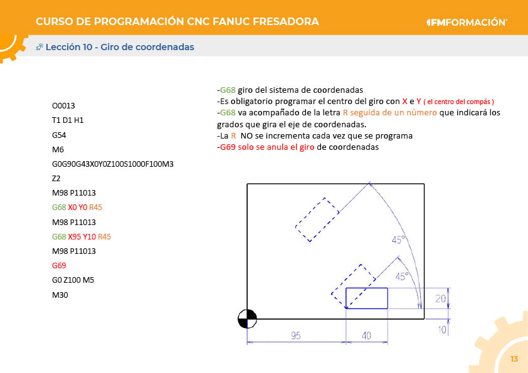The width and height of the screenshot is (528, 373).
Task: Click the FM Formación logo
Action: (x=467, y=22)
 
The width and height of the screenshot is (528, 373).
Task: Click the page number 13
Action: (x=514, y=359)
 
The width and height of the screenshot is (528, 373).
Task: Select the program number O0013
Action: (x=63, y=106)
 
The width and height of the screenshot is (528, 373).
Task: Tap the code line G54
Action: (x=59, y=135)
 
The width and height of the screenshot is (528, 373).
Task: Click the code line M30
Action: (x=60, y=295)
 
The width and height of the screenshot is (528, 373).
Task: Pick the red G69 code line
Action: (x=59, y=266)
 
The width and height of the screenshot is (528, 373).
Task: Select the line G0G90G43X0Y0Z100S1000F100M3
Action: (x=113, y=164)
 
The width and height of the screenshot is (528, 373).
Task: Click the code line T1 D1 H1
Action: (x=68, y=120)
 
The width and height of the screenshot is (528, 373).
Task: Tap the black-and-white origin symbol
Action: (x=247, y=319)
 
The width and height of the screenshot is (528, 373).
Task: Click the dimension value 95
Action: (x=296, y=336)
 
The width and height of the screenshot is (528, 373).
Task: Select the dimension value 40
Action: (x=366, y=336)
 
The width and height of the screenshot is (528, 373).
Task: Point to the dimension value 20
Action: (x=441, y=298)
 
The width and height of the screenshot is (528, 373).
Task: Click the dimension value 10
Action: (x=441, y=329)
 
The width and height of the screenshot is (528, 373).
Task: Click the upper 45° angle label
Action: (x=399, y=240)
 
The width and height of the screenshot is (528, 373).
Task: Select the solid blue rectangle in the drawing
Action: (x=367, y=298)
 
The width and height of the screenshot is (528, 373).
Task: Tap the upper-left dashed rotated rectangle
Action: (x=318, y=219)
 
